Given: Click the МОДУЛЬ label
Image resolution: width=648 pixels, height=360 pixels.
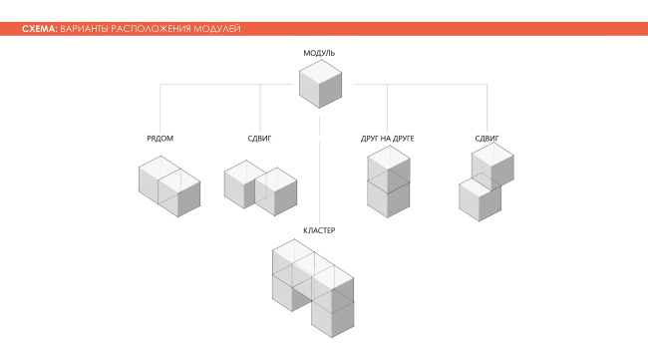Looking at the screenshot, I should click(319, 51).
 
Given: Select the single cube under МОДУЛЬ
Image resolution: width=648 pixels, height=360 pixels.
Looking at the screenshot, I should click(320, 84).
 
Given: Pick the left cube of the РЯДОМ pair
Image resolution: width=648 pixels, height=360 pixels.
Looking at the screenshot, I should click(157, 185).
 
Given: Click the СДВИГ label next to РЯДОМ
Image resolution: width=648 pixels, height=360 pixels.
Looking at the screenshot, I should click(259, 138).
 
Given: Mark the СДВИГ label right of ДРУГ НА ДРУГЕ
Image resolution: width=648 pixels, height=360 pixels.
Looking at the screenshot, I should click(486, 138).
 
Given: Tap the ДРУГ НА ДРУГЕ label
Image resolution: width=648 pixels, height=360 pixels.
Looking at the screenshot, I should click(388, 138).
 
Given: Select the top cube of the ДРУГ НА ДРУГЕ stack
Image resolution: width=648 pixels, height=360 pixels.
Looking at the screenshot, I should click(388, 167).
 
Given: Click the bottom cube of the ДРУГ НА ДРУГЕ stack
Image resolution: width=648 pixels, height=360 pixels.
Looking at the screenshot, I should click(388, 197).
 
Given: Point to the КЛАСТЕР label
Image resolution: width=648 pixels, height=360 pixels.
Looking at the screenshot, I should click(319, 230).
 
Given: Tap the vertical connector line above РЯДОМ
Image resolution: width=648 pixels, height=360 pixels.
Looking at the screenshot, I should click(160, 108).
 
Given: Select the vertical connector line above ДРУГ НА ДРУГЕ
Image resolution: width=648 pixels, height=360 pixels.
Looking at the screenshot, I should click(388, 108).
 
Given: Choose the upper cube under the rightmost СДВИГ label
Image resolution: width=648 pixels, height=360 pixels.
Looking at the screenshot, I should click(492, 164).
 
